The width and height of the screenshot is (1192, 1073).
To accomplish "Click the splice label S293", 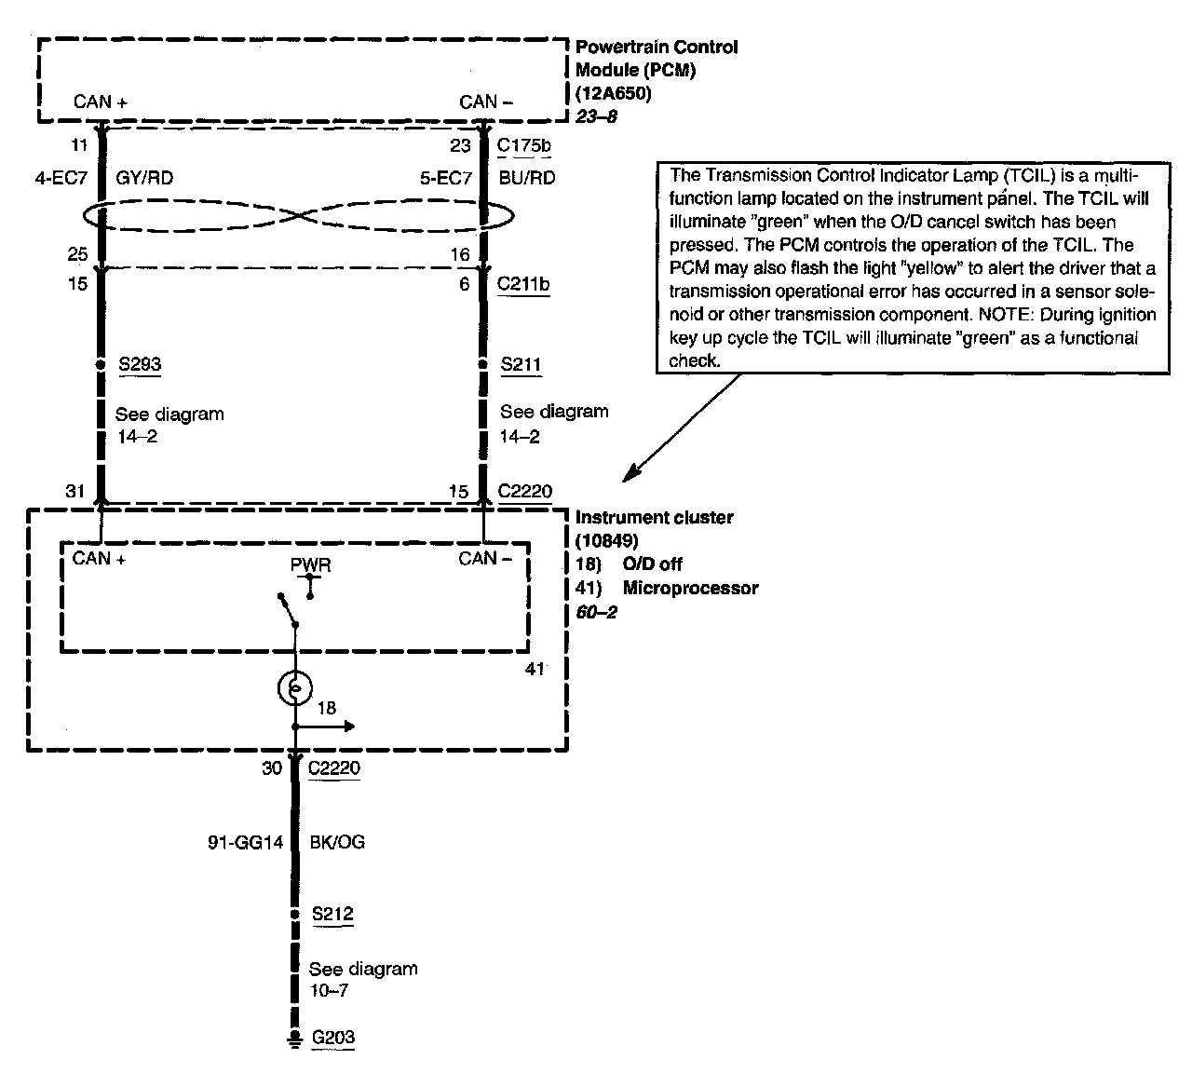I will pos(140,363).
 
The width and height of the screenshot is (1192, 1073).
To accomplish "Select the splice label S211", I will pos(521,363).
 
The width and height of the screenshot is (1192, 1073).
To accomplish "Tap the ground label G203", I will pos(333,1038).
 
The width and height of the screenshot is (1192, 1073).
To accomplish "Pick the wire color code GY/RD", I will pos(144,177).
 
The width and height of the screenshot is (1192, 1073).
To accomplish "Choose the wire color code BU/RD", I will pos(526,177).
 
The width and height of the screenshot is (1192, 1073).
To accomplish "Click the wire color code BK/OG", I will pos(337,842).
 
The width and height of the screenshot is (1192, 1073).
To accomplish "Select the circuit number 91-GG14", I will pos(244,842).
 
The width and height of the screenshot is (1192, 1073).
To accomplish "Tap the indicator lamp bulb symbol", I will pos(294,688).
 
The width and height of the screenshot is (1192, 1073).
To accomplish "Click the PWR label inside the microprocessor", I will pos(310,565).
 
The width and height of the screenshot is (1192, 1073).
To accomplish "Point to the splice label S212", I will pos(332,914).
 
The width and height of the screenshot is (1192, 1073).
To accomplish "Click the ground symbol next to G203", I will pos(295,1039).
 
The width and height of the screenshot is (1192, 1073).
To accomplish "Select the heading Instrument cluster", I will pos(655,517).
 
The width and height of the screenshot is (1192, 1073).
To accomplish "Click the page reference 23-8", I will pos(597,117).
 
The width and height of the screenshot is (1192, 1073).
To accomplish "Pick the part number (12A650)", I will pos(614,94).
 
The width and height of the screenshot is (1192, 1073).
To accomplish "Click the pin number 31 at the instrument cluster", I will pos(75,491).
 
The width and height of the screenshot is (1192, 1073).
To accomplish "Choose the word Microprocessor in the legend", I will pos(690,588).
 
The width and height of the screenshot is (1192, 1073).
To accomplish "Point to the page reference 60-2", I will pos(596,612).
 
